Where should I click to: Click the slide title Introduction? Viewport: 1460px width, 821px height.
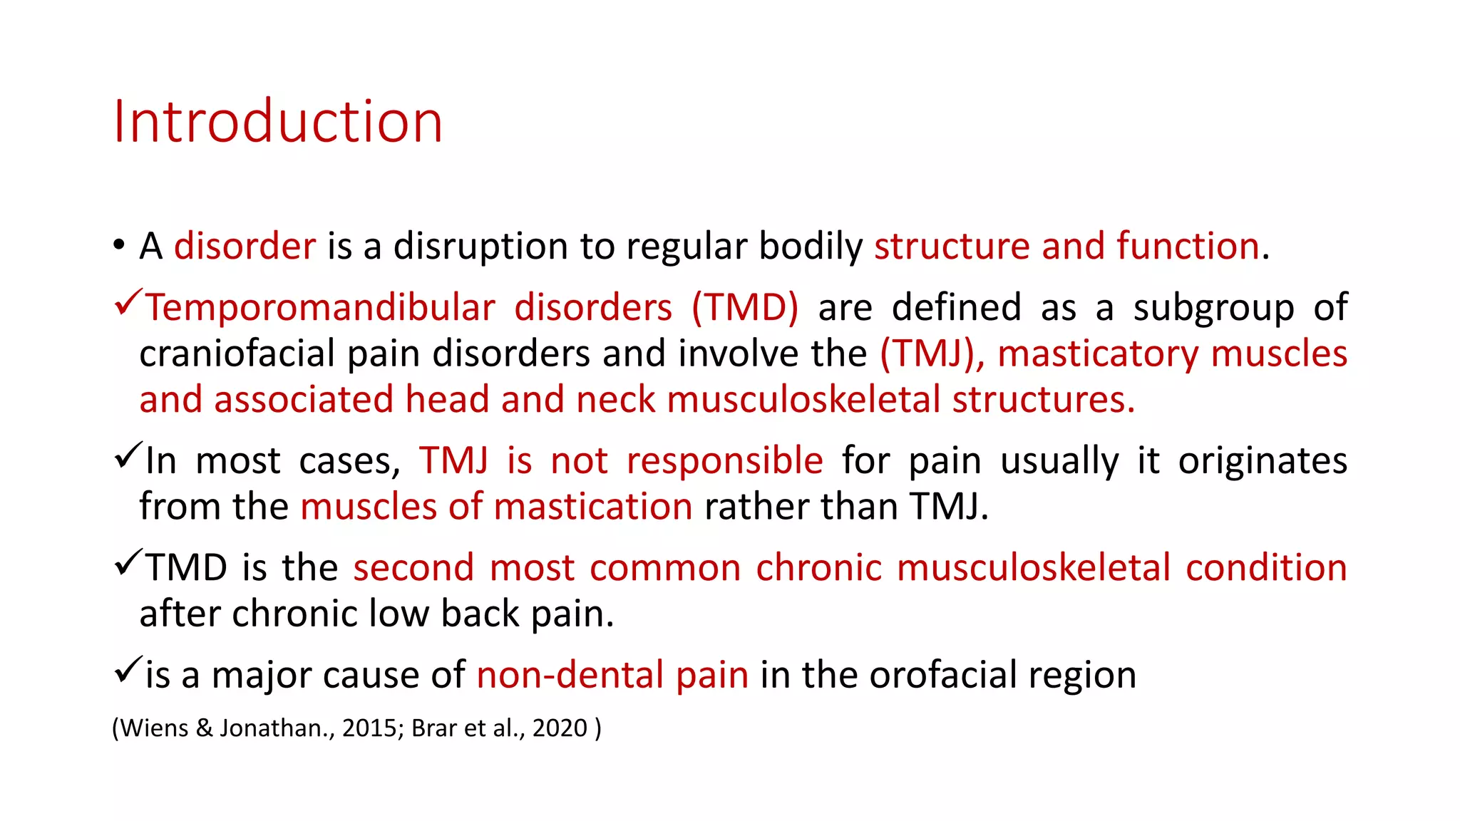coord(278,121)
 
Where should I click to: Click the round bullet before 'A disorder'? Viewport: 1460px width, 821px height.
coord(119,246)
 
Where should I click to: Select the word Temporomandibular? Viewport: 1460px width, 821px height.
coord(321,308)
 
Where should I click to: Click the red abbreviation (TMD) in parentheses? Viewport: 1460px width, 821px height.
coord(745,308)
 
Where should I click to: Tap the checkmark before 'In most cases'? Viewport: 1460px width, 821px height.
coord(128,456)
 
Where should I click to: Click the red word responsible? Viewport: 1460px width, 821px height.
coord(725,461)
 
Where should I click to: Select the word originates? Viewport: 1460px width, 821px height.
coord(1263,461)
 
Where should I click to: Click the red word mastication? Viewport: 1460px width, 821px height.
coord(592,507)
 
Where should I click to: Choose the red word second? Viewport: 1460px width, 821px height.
coord(413,569)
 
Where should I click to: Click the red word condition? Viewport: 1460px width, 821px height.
coord(1266,569)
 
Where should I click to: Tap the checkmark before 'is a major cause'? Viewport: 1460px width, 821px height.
coord(128,670)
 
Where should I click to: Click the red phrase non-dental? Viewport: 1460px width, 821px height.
coord(570,675)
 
